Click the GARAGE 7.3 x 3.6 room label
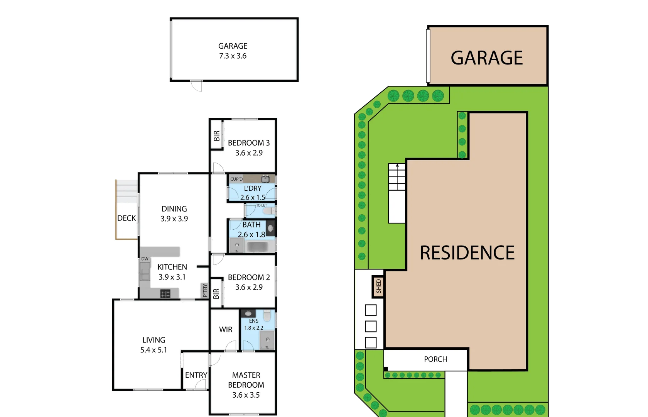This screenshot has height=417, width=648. point(233,51)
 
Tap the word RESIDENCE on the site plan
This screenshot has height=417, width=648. point(467,253)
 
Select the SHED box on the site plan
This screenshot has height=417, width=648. point(378,286)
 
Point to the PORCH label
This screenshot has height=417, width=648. point(435,359)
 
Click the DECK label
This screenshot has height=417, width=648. point(127,218)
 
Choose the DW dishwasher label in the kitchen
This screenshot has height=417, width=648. point(145,259)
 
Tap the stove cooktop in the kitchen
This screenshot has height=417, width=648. point(165,294)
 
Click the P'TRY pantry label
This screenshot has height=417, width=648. point(205,290)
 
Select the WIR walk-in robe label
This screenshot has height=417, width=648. point(226,329)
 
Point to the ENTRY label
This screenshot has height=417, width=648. point(196,375)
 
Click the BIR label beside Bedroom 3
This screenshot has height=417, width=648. point(216,136)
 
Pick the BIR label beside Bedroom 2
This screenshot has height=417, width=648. point(216,294)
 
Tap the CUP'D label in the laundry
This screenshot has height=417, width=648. point(236,179)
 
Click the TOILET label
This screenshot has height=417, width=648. point(262,205)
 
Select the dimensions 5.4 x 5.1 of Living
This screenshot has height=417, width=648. point(154,350)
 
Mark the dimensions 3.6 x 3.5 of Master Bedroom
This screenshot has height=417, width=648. point(246,395)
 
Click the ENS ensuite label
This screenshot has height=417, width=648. point(254,321)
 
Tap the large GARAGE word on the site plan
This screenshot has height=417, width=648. point(487,58)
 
